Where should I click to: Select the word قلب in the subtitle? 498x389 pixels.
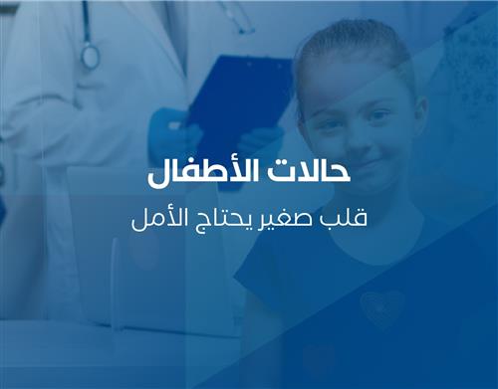(x=347, y=217)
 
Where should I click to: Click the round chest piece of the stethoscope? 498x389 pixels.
(x=91, y=57)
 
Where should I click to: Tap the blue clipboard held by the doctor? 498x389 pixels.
(x=239, y=95)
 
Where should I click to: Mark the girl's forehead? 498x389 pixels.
(x=354, y=85)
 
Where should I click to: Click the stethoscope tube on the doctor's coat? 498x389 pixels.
(x=84, y=25)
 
